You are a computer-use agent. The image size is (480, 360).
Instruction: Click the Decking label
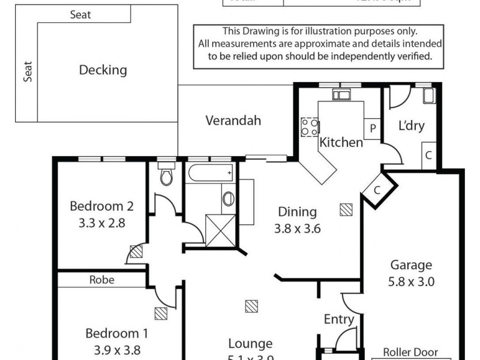(x=103, y=70)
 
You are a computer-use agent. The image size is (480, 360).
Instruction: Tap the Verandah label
(x=233, y=121)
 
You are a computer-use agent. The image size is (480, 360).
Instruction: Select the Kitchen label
(x=341, y=143)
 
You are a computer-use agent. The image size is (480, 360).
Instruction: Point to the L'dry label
(x=412, y=126)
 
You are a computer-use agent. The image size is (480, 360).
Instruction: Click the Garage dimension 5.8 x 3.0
(x=412, y=281)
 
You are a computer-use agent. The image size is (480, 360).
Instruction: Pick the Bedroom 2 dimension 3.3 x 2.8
(x=101, y=221)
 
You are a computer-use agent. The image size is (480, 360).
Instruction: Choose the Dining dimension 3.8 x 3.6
(x=297, y=228)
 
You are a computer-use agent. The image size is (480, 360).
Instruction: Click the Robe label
(x=101, y=280)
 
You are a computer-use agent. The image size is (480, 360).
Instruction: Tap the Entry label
(x=339, y=319)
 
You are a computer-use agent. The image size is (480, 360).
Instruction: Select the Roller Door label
(x=410, y=353)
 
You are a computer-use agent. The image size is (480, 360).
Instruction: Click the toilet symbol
(x=166, y=174)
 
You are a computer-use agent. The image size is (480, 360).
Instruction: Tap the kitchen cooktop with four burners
(x=310, y=126)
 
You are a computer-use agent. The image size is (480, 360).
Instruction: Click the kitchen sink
(x=341, y=94)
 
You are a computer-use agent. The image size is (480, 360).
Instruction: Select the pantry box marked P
(x=373, y=128)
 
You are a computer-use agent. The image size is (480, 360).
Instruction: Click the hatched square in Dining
(x=346, y=209)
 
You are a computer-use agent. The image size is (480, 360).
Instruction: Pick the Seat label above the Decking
(x=80, y=14)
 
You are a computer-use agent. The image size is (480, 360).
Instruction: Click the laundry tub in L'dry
(x=428, y=95)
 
